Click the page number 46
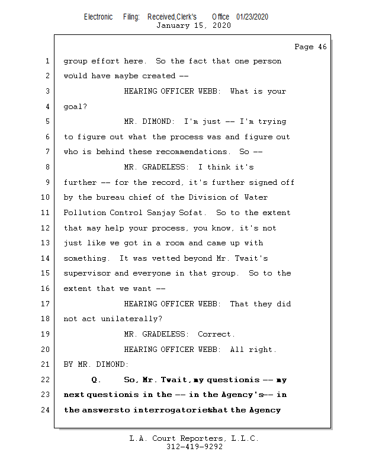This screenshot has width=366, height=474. tap(323, 47)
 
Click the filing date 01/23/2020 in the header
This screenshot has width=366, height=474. tap(252, 17)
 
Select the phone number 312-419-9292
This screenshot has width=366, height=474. tap(194, 447)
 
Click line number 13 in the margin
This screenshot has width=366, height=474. tap(45, 243)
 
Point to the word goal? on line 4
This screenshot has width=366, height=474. tap(75, 107)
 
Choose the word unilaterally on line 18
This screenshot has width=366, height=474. tap(131, 319)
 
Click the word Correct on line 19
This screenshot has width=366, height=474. tap(216, 334)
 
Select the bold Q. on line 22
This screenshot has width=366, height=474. tap(96, 380)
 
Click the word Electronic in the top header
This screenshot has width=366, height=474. tap(98, 17)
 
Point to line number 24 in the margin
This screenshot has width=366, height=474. tap(45, 409)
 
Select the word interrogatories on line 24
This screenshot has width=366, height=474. tap(171, 410)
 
